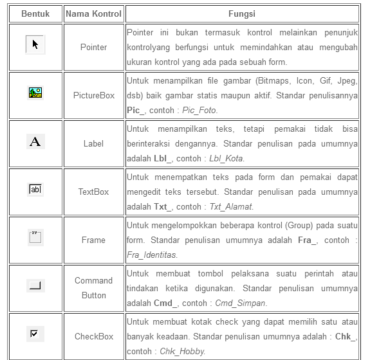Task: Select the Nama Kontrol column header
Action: coord(93,14)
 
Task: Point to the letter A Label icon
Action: coord(35,141)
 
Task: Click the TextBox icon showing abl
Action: coord(35,190)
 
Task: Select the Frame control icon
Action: coord(35,237)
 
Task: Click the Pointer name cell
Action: coord(93,47)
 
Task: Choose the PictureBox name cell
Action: coord(93,95)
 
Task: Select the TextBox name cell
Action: coord(93,192)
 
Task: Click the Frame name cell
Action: coord(93,240)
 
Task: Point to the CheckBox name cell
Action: coord(93,336)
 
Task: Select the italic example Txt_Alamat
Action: coord(232,206)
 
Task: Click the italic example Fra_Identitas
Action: coord(151,255)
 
